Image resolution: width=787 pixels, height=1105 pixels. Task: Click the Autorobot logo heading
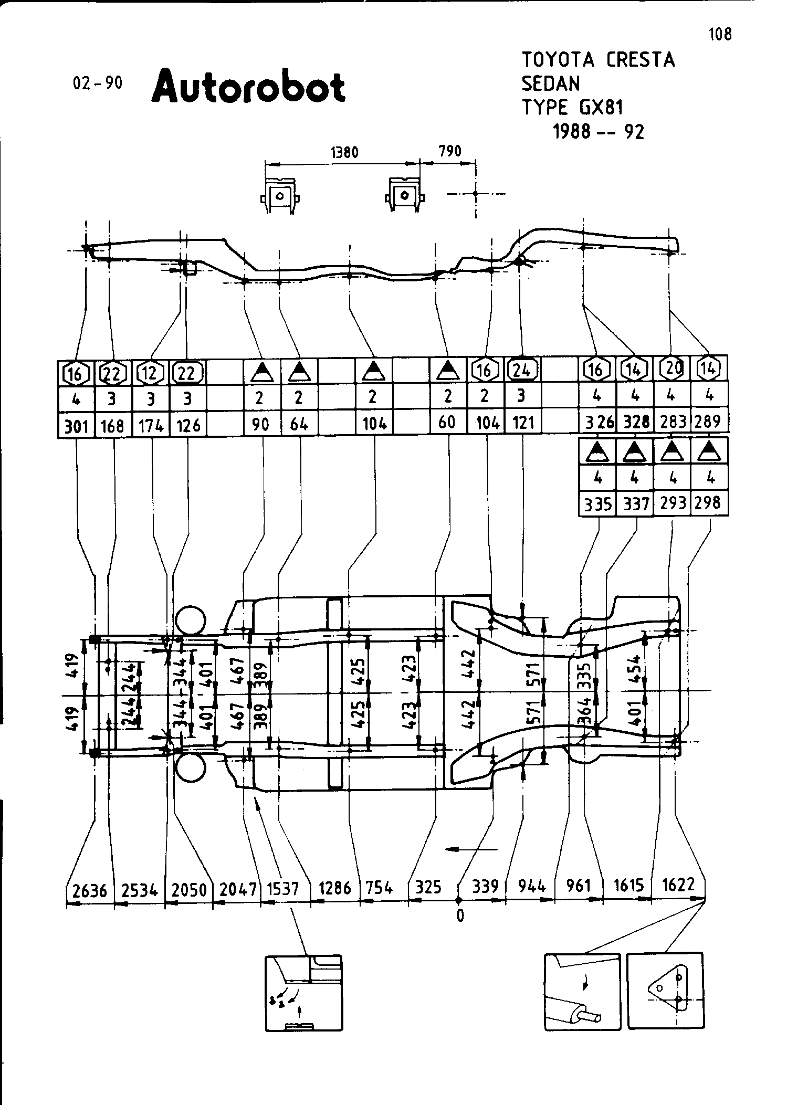point(248,86)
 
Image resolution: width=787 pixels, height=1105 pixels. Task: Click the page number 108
point(720,35)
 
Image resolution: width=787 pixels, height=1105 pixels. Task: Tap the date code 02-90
point(98,83)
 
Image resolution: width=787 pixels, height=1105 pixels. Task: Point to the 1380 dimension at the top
point(344,152)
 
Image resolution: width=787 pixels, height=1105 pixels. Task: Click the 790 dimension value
point(449,151)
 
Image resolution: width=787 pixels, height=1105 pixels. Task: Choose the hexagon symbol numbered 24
point(521,371)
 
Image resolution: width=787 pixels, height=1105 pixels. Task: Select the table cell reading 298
point(708,503)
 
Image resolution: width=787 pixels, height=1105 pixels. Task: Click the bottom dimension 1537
point(284,889)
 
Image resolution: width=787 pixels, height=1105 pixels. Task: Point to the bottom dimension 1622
point(679,885)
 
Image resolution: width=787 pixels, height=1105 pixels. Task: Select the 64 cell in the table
point(299,423)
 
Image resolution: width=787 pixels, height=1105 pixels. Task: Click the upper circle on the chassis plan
point(190,620)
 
